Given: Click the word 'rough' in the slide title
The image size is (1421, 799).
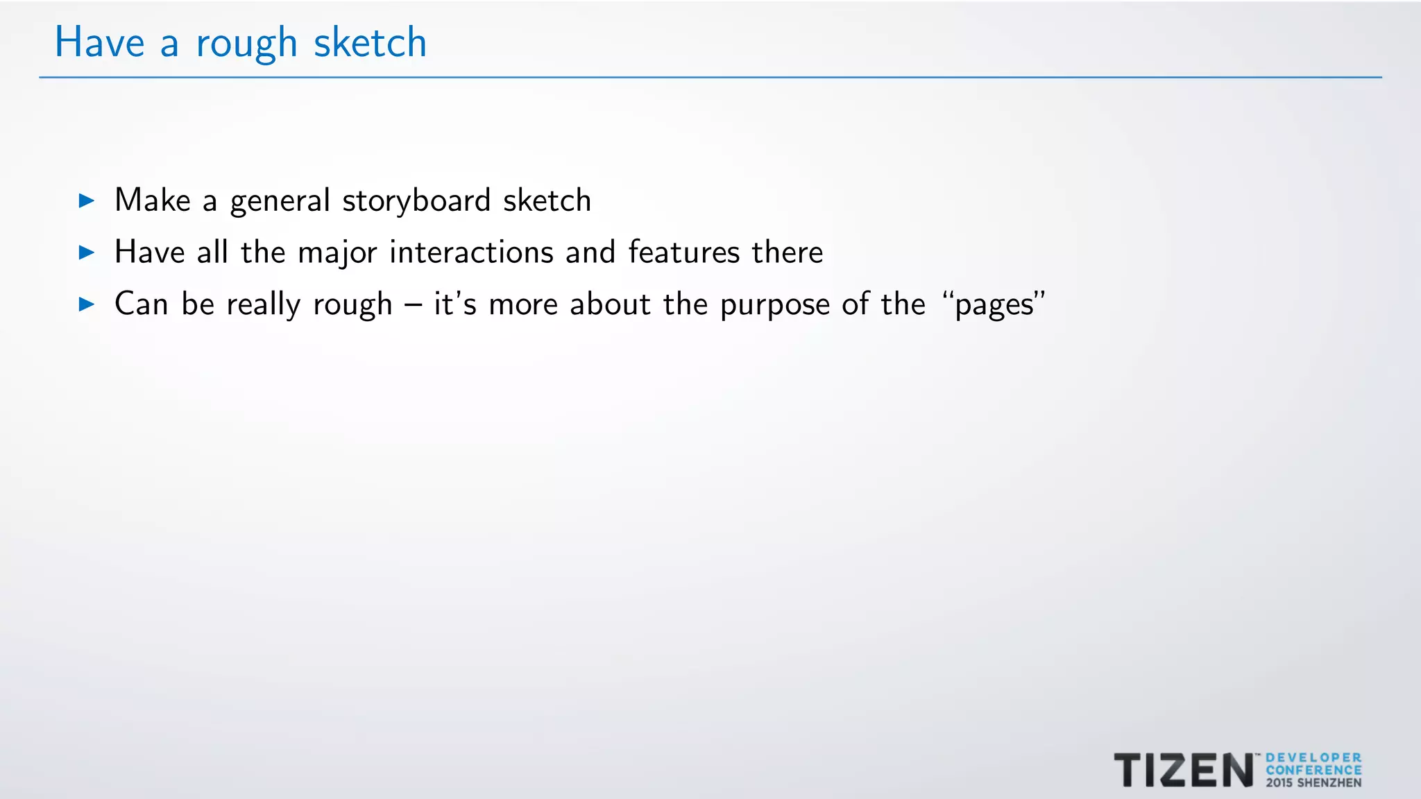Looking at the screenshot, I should click(x=246, y=44).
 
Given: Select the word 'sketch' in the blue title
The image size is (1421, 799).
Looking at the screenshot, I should click(x=370, y=42).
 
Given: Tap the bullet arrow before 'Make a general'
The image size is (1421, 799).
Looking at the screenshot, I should click(x=87, y=201).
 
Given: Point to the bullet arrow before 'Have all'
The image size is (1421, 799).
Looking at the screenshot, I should click(x=87, y=252).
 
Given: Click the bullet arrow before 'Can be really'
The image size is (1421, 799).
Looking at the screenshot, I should click(x=87, y=304).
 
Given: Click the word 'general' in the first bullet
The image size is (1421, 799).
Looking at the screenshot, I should click(x=280, y=202).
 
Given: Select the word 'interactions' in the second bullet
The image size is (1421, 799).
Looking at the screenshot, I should click(x=471, y=252).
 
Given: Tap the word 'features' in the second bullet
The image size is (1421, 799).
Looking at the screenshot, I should click(x=684, y=252).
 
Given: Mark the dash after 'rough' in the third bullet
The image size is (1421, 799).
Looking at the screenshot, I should click(x=414, y=304).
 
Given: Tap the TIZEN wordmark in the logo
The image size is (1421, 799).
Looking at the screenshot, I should click(x=1184, y=770).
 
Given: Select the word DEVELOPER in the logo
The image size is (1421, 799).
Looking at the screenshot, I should click(x=1313, y=758).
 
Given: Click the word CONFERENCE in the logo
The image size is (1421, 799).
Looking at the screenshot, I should click(x=1313, y=770).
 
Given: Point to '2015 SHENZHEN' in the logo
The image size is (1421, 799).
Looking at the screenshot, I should click(x=1313, y=783).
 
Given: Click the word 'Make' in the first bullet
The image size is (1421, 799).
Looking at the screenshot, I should click(x=153, y=200).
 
